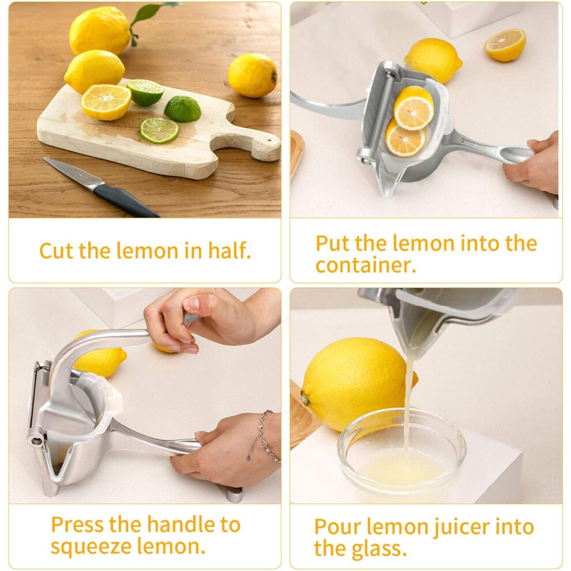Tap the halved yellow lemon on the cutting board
[x=106, y=102]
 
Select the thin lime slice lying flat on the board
[x=159, y=130]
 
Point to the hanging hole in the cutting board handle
[x=269, y=140]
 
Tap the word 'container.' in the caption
[x=366, y=265]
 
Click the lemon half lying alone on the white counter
[x=505, y=45]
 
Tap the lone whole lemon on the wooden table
[x=253, y=76]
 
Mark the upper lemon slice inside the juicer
[x=414, y=108]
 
